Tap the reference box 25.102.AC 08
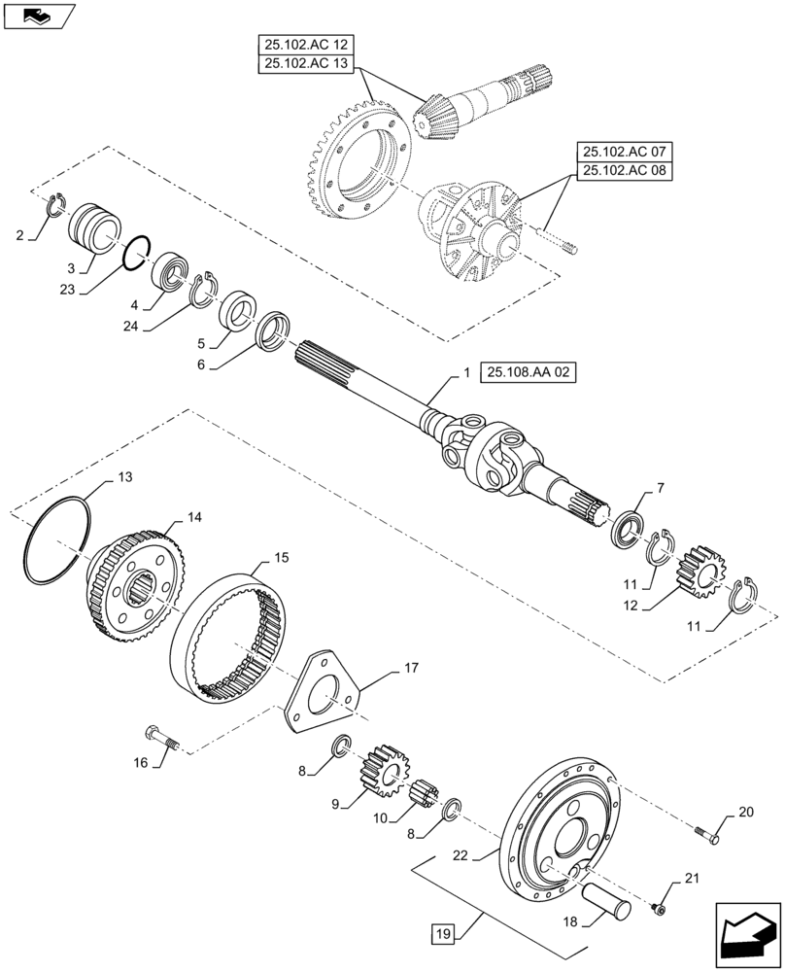[626, 172]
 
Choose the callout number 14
[194, 518]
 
